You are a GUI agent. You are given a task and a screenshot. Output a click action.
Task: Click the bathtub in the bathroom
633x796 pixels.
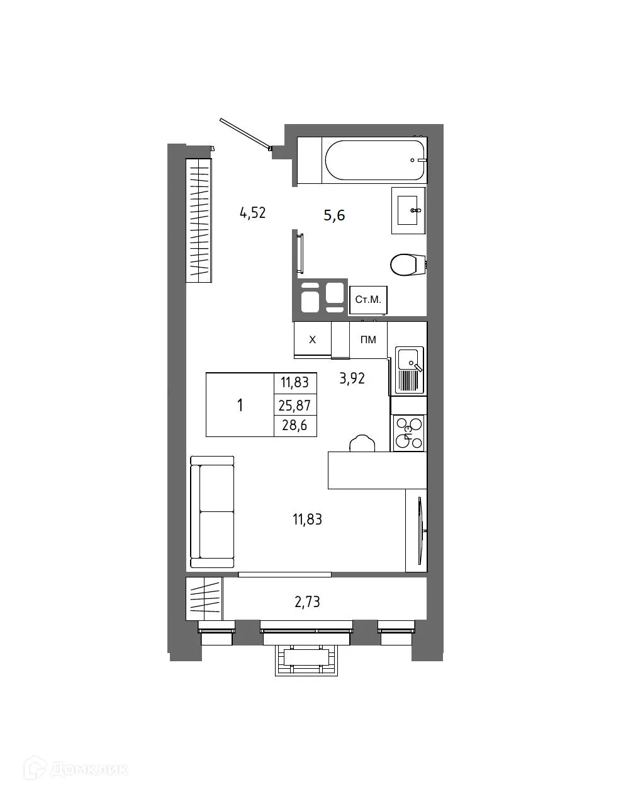tap(374, 161)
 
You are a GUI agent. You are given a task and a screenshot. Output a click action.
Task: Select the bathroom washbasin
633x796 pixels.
tap(408, 210)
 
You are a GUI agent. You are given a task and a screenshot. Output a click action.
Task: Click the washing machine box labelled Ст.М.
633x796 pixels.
tap(368, 300)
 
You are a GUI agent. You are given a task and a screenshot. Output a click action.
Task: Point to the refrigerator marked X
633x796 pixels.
tap(312, 340)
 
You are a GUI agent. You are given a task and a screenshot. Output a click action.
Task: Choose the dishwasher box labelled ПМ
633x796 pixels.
tap(368, 340)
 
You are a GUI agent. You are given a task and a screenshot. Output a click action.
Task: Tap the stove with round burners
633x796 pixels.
tap(409, 433)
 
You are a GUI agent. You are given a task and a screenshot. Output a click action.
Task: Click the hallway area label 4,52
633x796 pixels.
tap(253, 213)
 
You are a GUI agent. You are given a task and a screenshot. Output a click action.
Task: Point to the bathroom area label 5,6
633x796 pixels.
tap(334, 215)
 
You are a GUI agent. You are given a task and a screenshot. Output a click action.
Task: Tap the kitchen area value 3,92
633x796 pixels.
tap(352, 378)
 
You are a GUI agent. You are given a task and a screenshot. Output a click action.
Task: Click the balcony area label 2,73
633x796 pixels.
tap(307, 602)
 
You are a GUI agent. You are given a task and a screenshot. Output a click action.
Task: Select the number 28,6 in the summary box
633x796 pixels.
tap(295, 426)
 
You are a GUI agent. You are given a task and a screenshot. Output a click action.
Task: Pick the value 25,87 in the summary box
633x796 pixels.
tap(295, 405)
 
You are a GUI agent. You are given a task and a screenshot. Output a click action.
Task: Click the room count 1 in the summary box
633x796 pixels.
tap(240, 405)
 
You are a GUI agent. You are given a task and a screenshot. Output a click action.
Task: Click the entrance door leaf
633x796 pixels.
tap(245, 134)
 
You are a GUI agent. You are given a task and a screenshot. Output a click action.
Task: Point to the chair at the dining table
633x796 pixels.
tap(362, 443)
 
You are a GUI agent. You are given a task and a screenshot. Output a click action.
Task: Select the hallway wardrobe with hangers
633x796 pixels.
tap(199, 220)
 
